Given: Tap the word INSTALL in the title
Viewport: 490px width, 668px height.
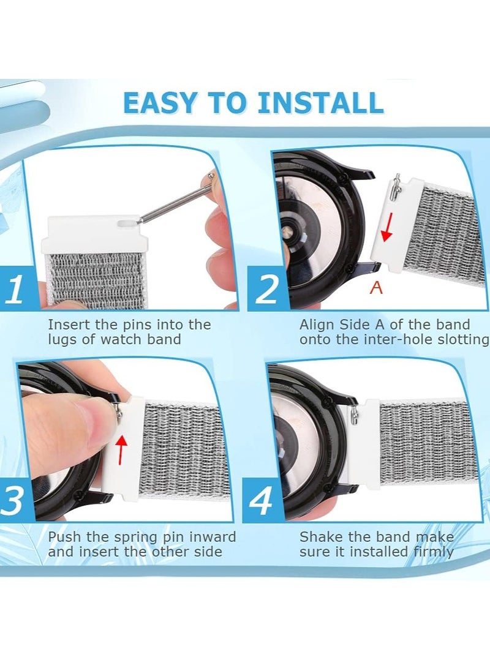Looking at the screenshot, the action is tap(320, 103).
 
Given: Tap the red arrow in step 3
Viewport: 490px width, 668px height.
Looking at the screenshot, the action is tap(121, 449).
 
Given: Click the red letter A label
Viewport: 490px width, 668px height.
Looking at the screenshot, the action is tap(376, 288).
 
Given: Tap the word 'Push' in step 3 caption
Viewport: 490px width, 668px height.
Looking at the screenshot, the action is tap(64, 537).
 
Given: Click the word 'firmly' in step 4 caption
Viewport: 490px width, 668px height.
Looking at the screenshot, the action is tap(433, 552).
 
